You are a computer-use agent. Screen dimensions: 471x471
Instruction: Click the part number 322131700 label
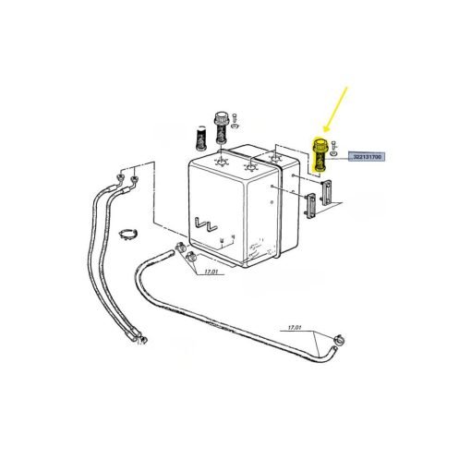coord(367,157)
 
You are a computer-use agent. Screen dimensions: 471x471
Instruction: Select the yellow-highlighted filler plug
coord(320,155)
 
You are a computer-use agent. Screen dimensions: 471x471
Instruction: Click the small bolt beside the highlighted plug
coord(333,145)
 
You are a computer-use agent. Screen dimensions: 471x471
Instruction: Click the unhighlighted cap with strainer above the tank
coord(220,127)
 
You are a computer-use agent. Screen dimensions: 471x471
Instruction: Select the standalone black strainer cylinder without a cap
coord(201,138)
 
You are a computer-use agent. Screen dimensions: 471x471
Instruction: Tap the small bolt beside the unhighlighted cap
coord(235,117)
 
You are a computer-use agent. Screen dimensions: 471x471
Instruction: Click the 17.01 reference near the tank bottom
coord(211,272)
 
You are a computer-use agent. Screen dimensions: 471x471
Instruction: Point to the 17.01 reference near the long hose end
coord(295,328)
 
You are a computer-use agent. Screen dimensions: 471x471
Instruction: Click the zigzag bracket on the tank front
coord(206,224)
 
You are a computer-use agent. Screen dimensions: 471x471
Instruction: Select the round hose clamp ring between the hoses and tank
coord(128,234)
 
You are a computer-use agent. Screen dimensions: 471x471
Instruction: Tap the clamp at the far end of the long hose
coord(339,340)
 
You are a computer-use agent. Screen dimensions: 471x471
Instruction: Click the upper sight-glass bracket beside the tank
coord(327,192)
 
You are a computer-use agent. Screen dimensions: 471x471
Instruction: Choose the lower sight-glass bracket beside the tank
coord(311,205)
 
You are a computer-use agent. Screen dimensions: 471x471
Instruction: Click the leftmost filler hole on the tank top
coord(221,162)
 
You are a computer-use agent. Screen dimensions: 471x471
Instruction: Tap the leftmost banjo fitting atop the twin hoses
coord(119,177)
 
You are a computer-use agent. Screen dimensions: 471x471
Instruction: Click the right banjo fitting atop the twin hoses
coord(134,178)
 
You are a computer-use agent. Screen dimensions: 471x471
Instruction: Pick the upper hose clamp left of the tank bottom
coord(179,246)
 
